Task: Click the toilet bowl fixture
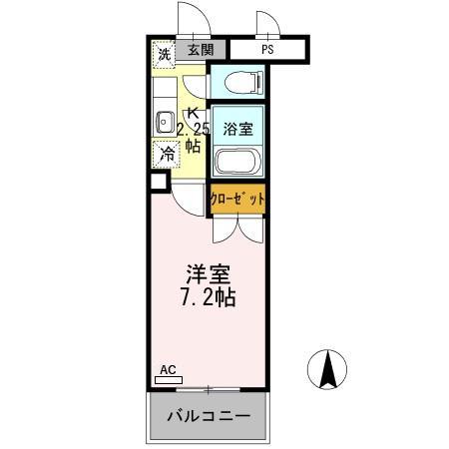coord(237,82)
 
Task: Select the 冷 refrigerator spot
coord(167,154)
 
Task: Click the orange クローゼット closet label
coord(237,199)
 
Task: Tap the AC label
coord(167,370)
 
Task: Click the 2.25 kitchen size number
coord(194,129)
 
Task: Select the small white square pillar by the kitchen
coord(158,182)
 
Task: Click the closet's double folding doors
coord(237,227)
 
